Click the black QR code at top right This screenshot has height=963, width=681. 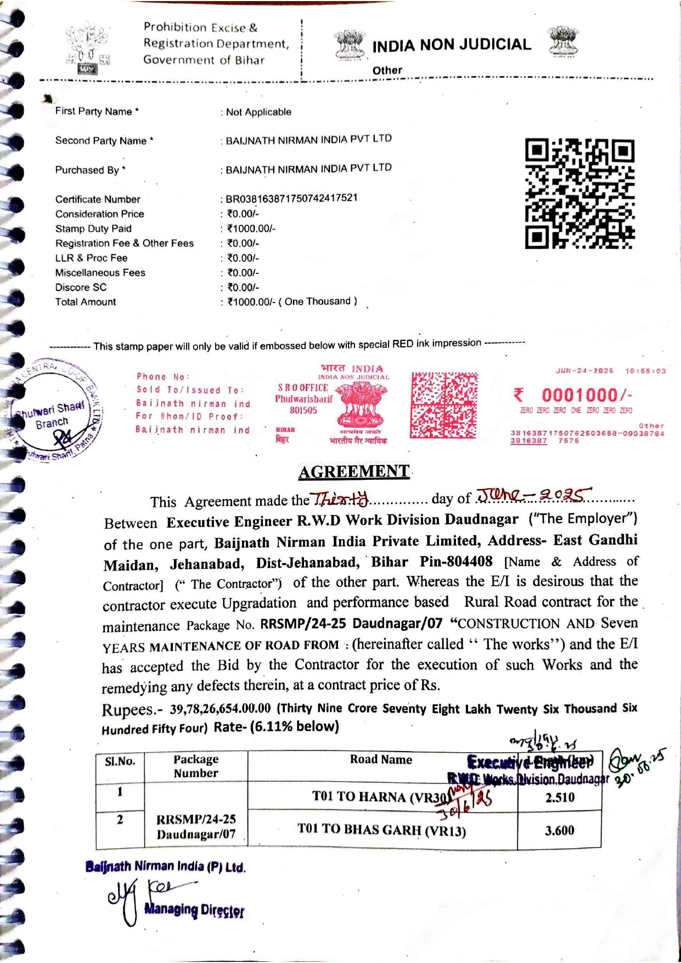pos(579,193)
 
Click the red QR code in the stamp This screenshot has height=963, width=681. pos(444,405)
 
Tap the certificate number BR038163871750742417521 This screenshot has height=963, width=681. pos(291,198)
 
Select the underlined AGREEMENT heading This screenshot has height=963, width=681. pos(354,472)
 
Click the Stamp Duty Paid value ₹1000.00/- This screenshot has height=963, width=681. pos(251,228)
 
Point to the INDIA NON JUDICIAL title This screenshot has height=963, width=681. pos(451,45)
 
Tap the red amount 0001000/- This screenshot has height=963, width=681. pos(586,395)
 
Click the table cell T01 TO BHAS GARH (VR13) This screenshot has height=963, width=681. pos(381,830)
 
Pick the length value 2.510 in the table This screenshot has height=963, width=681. pos(560,798)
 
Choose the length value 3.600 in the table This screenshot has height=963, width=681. pos(559,831)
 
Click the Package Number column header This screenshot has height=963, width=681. pos(196,766)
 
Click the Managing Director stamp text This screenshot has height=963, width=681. pos(194,910)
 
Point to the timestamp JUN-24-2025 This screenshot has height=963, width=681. pos(584,371)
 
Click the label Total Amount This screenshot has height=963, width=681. pos(86,302)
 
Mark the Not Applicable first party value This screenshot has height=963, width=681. pos(258,112)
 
